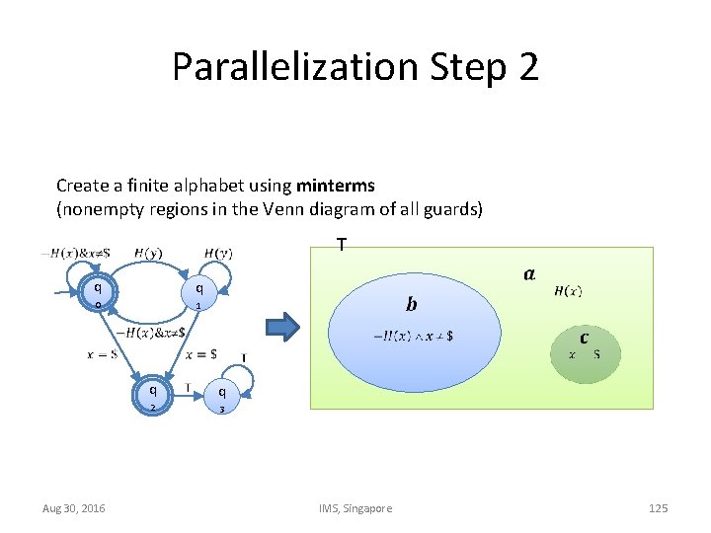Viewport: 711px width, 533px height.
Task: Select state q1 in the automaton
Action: [x=199, y=293]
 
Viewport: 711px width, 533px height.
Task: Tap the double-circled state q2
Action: [x=152, y=395]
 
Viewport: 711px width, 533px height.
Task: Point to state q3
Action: [x=223, y=395]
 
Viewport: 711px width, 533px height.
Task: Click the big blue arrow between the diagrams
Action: [x=283, y=327]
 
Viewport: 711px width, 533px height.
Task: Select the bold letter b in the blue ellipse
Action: [x=412, y=302]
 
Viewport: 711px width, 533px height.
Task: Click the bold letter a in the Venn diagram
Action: [x=530, y=273]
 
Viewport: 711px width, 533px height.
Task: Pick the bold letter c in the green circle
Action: [x=585, y=338]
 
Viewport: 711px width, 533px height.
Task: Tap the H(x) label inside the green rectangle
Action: [x=568, y=290]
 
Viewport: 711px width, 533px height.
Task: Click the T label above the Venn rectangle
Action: [x=341, y=244]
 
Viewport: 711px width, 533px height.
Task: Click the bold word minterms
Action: [x=335, y=185]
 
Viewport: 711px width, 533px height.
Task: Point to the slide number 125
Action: [x=658, y=507]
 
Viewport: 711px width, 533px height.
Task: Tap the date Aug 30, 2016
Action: [x=74, y=507]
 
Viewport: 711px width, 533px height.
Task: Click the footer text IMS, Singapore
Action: [x=355, y=507]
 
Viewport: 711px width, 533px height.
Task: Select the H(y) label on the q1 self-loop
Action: [x=218, y=254]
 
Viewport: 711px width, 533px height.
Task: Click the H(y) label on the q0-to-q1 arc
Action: [x=148, y=254]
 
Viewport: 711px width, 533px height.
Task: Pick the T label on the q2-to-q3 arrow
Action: [x=188, y=386]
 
